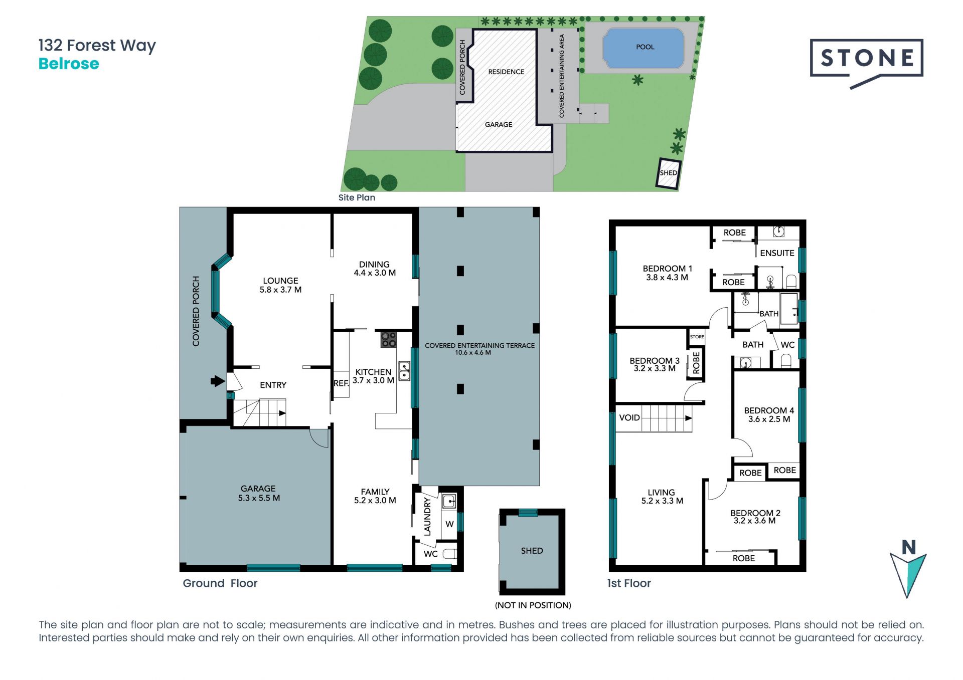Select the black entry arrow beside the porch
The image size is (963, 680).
coord(217,381)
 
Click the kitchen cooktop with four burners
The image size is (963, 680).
coord(388,339)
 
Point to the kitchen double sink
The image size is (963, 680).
coord(404,371)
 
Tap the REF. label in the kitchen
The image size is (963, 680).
coord(341,383)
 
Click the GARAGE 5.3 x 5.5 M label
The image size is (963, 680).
coord(258,493)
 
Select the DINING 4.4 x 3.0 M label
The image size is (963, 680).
coord(375,269)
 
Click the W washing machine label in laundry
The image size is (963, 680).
coord(449,524)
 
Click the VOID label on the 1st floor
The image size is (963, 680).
coord(629,417)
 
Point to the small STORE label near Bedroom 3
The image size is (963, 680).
coord(697,337)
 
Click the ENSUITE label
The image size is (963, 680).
coord(777,253)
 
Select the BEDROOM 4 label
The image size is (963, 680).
coord(769,410)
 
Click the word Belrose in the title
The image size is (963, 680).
coord(69,64)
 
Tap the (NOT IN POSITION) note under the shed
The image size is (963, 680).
coord(533,605)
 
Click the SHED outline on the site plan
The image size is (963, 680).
coord(669,173)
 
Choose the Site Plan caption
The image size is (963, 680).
coord(357,197)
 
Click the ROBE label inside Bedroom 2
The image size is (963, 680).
coord(743,558)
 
